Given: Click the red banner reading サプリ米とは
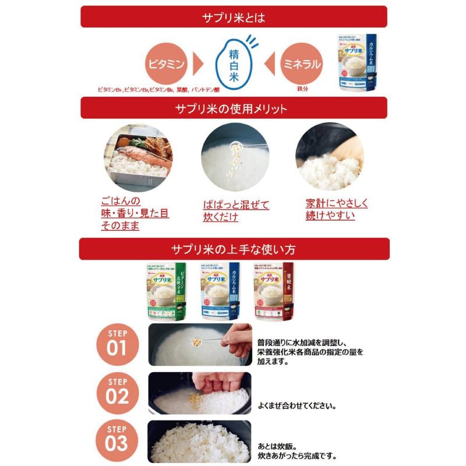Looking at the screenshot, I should pyautogui.click(x=233, y=17).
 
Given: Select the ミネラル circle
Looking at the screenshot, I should pyautogui.click(x=301, y=64).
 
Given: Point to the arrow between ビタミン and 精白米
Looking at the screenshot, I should pyautogui.click(x=197, y=64).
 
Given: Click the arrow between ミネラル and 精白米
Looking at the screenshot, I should pyautogui.click(x=269, y=64).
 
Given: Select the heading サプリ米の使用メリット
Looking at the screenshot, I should pyautogui.click(x=233, y=108).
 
